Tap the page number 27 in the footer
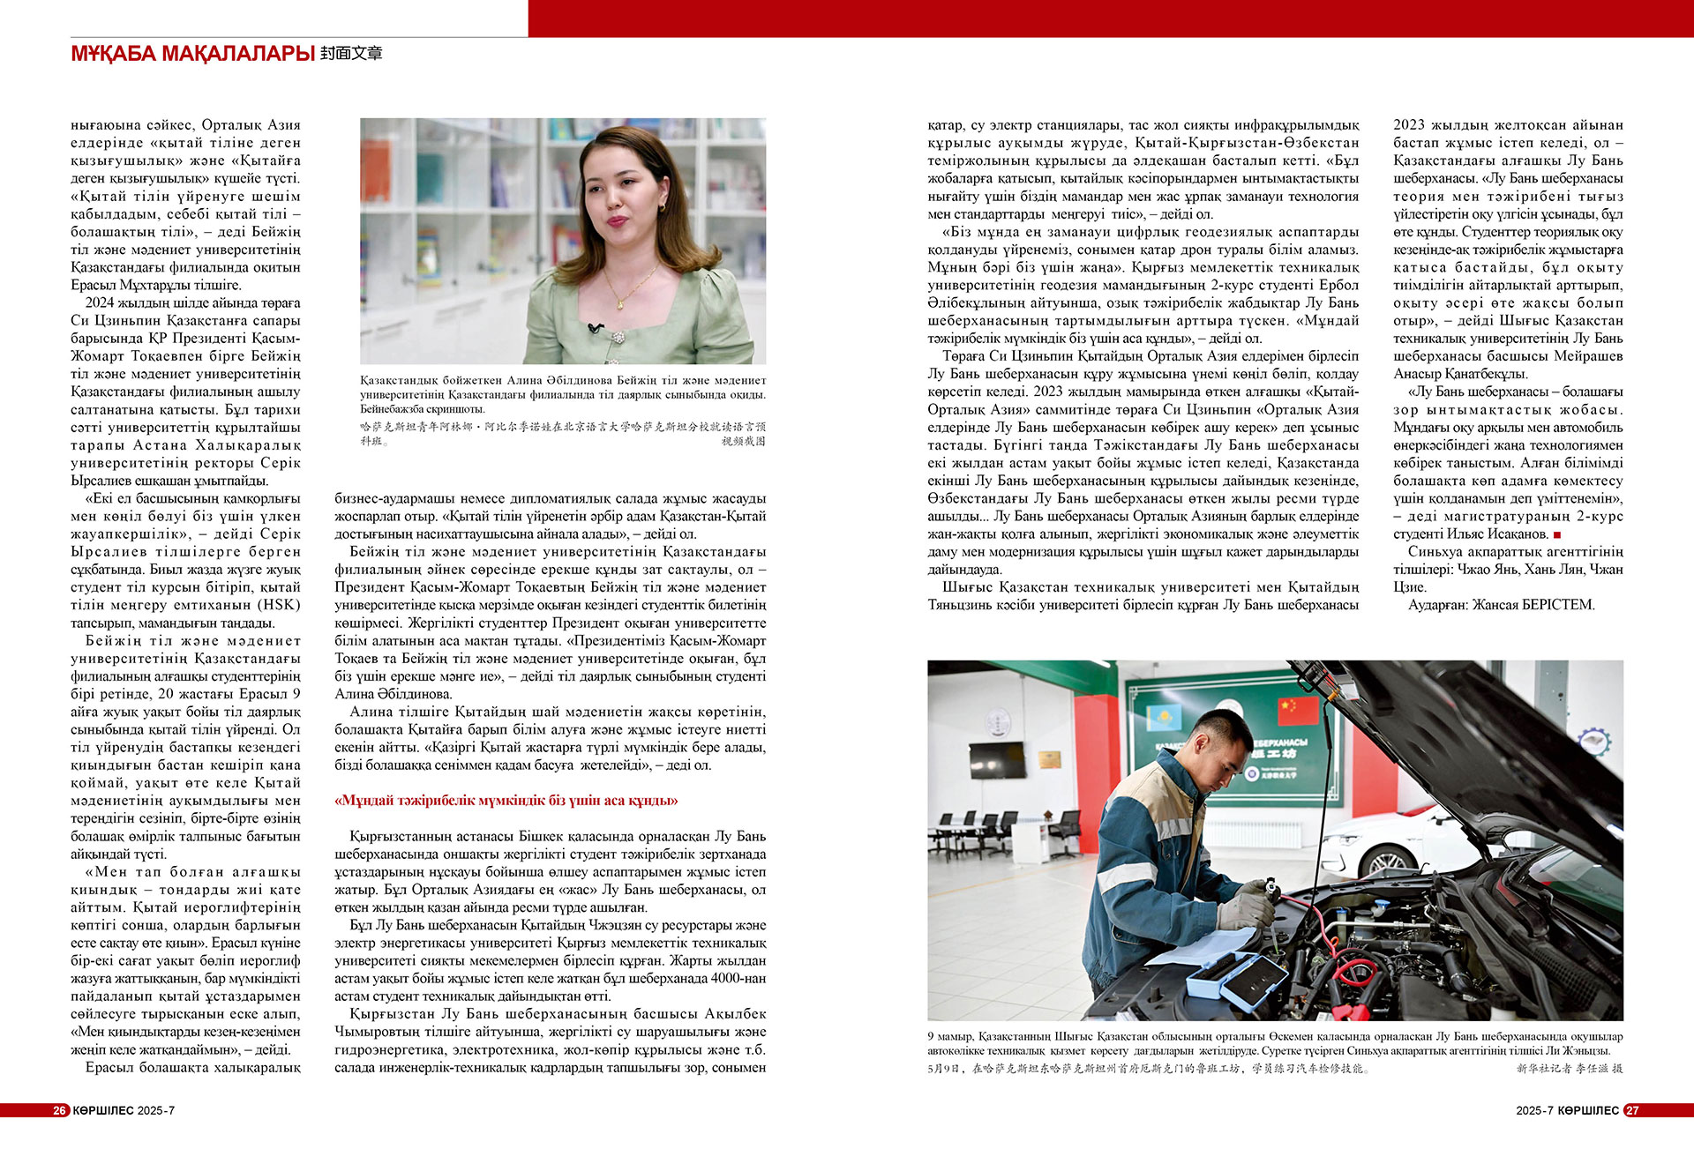point(1632,1110)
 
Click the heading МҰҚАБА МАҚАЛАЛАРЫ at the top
point(192,54)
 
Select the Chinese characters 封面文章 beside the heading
point(351,54)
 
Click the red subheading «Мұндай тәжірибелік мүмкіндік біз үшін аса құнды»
point(506,801)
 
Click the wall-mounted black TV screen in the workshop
point(997,761)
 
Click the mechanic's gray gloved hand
point(1247,911)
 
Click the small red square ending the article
point(1557,534)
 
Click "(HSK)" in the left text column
point(280,605)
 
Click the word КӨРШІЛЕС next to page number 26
point(103,1110)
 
